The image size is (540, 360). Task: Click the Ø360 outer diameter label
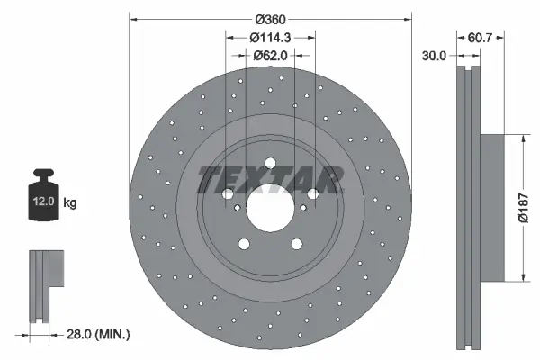pyautogui.click(x=270, y=19)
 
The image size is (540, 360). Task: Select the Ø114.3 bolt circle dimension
pyautogui.click(x=270, y=37)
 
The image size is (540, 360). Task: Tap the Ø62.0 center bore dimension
pyautogui.click(x=270, y=55)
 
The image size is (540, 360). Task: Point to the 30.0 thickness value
pyautogui.click(x=435, y=56)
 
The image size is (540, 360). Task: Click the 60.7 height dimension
pyautogui.click(x=481, y=37)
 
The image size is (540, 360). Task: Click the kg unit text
pyautogui.click(x=70, y=203)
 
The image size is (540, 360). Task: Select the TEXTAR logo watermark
pyautogui.click(x=270, y=179)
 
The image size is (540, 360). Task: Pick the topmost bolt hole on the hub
pyautogui.click(x=270, y=163)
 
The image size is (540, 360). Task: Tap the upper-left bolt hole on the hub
pyautogui.click(x=227, y=194)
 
